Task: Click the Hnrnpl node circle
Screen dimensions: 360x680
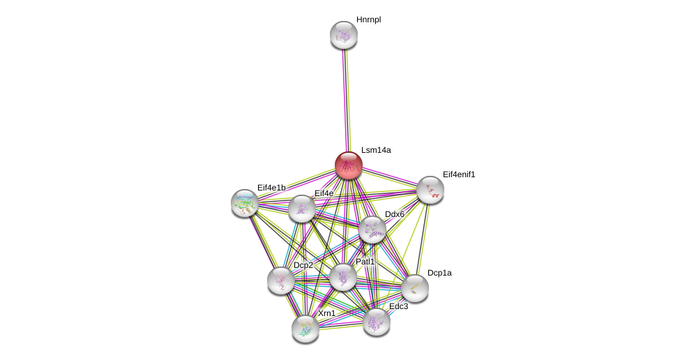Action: click(344, 35)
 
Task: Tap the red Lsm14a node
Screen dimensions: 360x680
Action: click(349, 165)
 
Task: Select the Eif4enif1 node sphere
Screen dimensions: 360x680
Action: click(430, 190)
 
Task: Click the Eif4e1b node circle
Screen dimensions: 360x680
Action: click(245, 203)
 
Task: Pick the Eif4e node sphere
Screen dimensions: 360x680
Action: click(302, 209)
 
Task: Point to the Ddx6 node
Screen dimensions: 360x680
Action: click(372, 230)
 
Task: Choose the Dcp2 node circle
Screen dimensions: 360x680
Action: click(281, 280)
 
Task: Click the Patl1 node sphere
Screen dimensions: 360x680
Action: click(343, 277)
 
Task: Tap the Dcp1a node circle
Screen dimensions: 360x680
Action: click(415, 288)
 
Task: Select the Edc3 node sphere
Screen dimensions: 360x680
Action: click(377, 322)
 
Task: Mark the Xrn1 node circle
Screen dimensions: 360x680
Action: click(305, 329)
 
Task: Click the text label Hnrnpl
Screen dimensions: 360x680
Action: click(368, 20)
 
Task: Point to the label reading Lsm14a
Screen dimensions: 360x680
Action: click(376, 150)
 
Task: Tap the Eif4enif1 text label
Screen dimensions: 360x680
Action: click(459, 174)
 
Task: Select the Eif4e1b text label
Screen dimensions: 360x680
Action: click(271, 188)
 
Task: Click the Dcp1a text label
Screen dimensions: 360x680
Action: click(439, 273)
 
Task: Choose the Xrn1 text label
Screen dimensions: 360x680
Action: click(326, 313)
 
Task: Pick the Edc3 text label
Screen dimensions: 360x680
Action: click(399, 306)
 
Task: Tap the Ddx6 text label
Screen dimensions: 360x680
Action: click(395, 214)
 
